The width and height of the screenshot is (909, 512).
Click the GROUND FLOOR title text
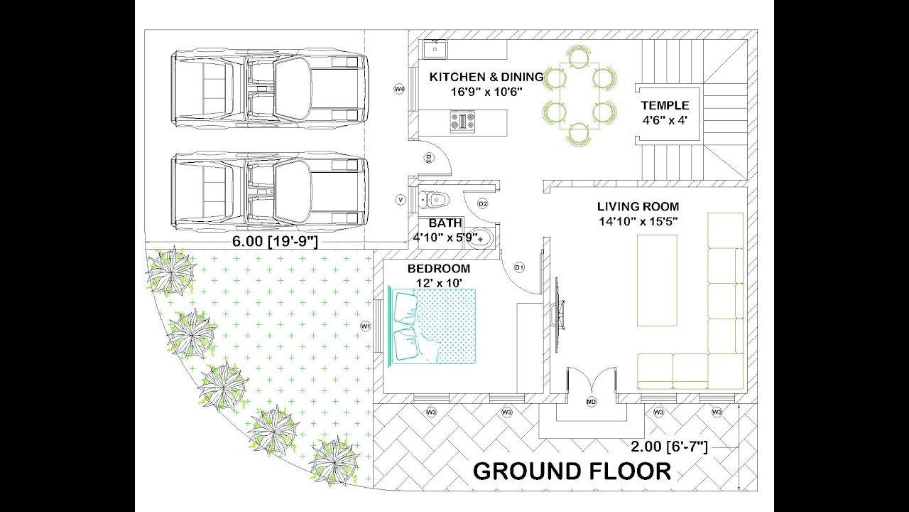(572, 471)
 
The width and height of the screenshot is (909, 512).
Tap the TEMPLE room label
(665, 106)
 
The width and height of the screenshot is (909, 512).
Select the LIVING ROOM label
(637, 207)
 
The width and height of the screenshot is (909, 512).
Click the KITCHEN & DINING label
(486, 77)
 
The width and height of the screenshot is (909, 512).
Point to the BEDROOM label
(438, 269)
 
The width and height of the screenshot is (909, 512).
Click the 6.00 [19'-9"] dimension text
(275, 241)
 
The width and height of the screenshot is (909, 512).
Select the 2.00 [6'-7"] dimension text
(669, 447)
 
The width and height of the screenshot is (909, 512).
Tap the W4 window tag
(399, 89)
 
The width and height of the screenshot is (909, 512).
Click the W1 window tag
(366, 326)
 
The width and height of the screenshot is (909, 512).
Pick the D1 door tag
(519, 267)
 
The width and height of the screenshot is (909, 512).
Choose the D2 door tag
(483, 204)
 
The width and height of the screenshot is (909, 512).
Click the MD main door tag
(591, 402)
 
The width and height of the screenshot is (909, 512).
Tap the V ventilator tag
(401, 201)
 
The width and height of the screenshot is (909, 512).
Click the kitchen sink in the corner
(434, 50)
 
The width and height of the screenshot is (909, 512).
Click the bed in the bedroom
(433, 326)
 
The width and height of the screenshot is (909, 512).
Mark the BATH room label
(446, 222)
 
